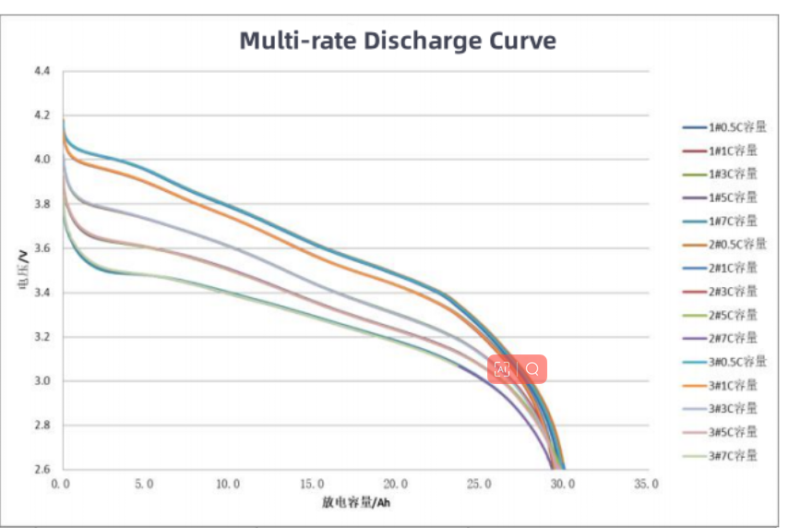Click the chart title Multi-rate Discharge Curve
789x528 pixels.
(398, 42)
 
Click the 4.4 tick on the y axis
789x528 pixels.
(42, 71)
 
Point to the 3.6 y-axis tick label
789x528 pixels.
(42, 248)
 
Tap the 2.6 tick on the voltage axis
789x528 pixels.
(42, 470)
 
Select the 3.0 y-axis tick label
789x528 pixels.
(42, 381)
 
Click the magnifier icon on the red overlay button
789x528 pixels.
(532, 369)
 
